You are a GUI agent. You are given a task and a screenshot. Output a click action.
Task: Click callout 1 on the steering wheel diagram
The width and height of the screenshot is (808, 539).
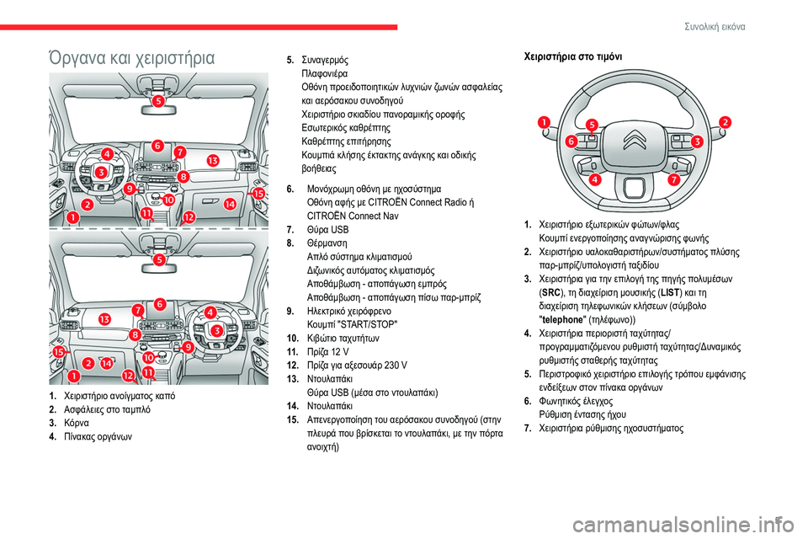point(545,122)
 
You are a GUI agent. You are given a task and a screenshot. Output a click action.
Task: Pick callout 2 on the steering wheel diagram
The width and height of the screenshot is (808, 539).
point(725,123)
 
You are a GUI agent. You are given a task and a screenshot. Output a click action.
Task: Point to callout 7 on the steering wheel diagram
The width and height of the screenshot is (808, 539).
point(673,179)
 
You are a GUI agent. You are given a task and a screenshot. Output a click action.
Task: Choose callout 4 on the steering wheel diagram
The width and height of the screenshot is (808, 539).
point(595,179)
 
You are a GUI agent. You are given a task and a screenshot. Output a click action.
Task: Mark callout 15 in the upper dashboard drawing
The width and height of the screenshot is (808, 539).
point(258,194)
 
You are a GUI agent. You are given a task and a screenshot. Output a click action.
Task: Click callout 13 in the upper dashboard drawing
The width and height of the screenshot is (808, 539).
point(213,160)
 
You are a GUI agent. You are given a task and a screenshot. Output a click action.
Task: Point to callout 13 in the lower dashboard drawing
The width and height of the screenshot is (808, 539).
point(104,319)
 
